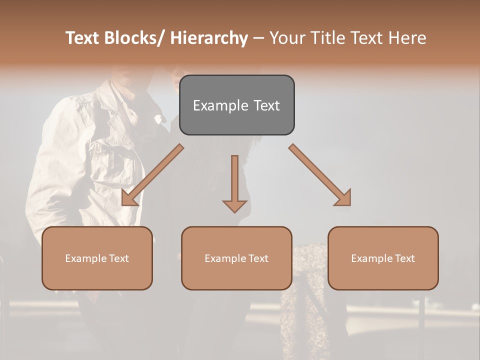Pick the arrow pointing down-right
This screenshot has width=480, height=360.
click(x=320, y=175)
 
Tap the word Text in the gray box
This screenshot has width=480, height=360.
click(x=266, y=106)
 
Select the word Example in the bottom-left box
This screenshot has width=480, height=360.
click(x=85, y=258)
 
